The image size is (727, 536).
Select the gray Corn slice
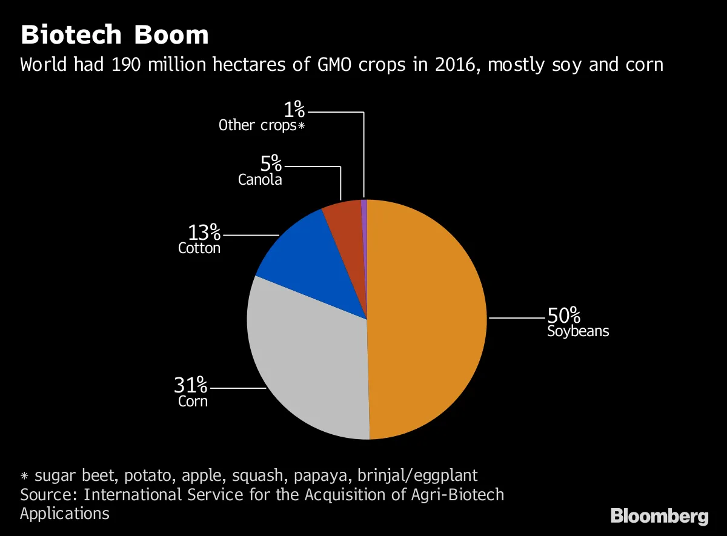309,363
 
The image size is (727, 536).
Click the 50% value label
563,316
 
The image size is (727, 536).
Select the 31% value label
191,385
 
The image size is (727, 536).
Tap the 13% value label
204,232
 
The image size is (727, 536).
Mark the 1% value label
294,110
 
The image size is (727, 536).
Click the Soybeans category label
578,331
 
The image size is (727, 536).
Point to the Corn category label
193,401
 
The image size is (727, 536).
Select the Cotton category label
199,248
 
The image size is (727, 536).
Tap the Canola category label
260,179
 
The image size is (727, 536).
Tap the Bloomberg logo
659,516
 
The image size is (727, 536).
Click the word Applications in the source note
65,514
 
